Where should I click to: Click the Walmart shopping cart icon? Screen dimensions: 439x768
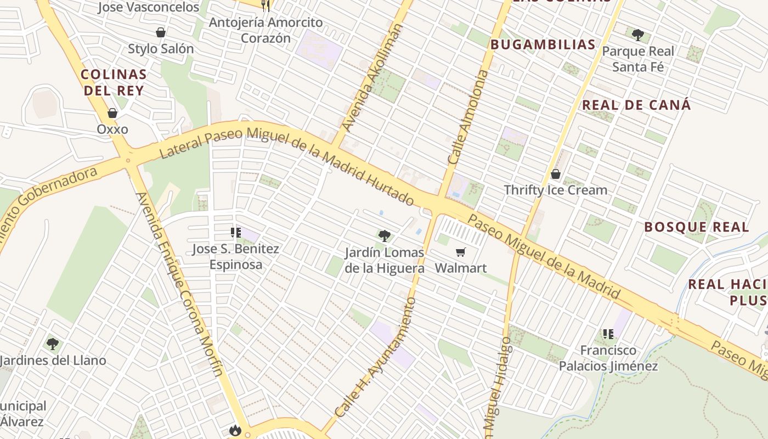[x=460, y=252]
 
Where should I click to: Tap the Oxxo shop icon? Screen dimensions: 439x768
[x=112, y=114]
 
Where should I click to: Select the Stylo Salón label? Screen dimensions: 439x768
[x=161, y=49]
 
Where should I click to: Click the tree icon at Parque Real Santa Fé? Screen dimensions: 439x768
[x=637, y=35]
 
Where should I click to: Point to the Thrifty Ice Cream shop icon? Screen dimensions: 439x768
[x=555, y=175]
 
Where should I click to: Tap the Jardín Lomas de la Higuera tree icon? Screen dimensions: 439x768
[x=385, y=236]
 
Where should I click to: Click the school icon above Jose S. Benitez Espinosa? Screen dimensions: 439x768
[x=236, y=233]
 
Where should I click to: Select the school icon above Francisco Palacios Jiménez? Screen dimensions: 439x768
[x=608, y=334]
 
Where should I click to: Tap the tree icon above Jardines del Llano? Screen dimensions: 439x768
[x=53, y=344]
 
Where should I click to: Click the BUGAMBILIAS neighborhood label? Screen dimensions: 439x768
[x=543, y=45]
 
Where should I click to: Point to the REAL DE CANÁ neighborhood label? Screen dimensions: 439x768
[x=636, y=105]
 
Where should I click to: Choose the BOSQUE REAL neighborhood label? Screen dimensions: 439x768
[x=696, y=227]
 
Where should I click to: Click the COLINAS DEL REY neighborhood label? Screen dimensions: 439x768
[x=114, y=82]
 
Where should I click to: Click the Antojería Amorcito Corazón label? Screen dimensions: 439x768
[x=266, y=30]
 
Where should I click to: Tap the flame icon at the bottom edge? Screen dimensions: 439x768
[x=235, y=430]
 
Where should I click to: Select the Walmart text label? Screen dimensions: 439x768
[x=461, y=268]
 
